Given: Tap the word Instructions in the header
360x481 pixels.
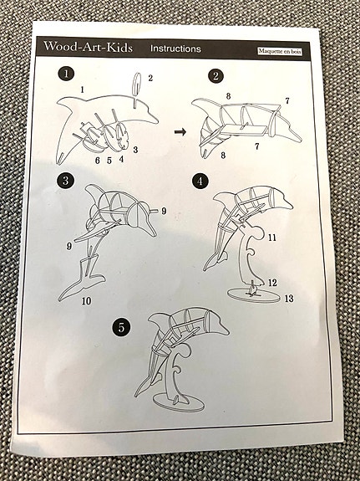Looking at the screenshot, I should (x=175, y=49).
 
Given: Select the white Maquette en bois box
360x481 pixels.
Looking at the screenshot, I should (x=280, y=52).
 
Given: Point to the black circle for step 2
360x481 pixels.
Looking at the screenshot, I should (x=216, y=77).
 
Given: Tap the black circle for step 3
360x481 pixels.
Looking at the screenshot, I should (x=65, y=181).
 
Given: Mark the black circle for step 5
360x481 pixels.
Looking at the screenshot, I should (x=122, y=327).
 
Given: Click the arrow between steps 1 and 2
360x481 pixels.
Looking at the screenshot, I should (x=180, y=131).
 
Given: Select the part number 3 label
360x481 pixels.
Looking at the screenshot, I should (x=135, y=149).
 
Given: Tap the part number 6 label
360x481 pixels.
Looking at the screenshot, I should (x=97, y=160).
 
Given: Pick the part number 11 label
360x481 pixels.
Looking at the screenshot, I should (x=271, y=238).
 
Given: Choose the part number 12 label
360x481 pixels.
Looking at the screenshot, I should (x=272, y=284).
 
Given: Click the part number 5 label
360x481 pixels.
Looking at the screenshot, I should (x=109, y=160).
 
